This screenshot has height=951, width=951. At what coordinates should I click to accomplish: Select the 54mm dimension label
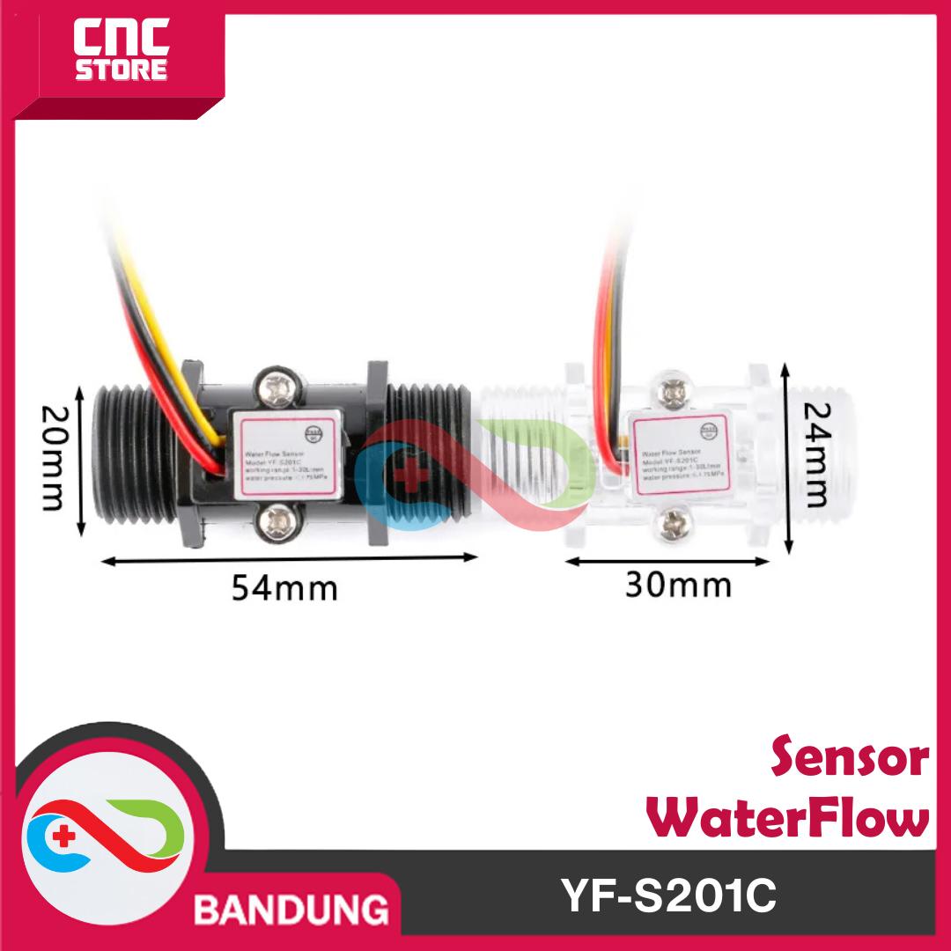click(284, 587)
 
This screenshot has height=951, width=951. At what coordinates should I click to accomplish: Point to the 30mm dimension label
click(678, 585)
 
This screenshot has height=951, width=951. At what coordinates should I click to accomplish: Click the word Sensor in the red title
click(850, 759)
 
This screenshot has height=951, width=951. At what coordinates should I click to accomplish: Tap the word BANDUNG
click(291, 907)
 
